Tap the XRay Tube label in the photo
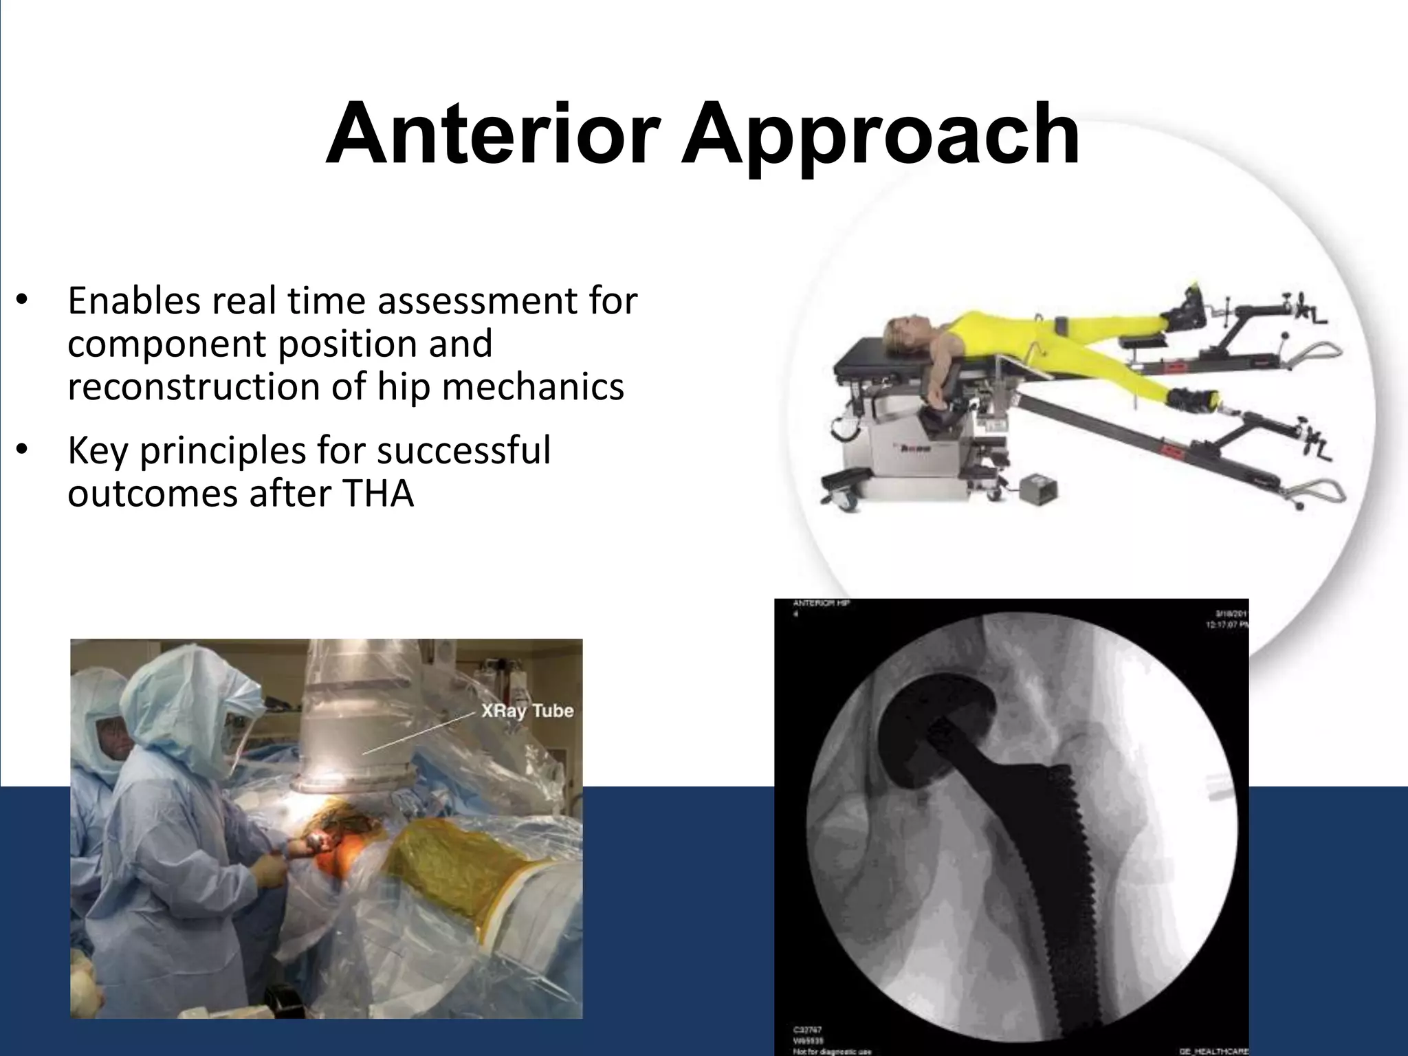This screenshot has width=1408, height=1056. [527, 710]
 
